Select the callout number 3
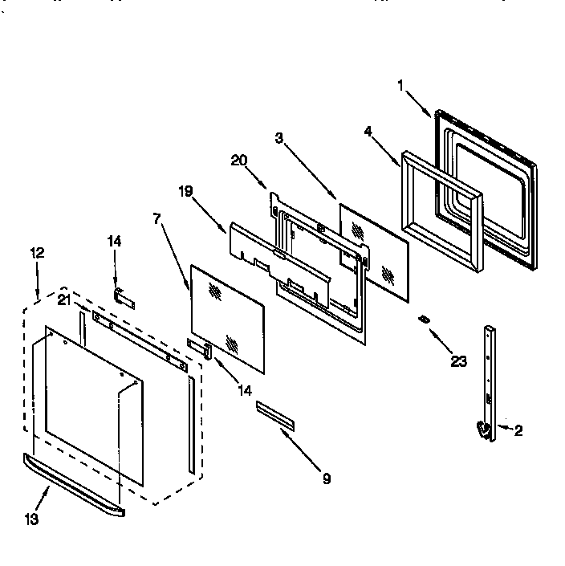click(x=278, y=138)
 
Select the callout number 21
click(x=63, y=300)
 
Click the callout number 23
click(x=458, y=360)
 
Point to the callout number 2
click(x=518, y=430)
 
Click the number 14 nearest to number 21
click(x=115, y=242)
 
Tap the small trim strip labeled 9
click(x=275, y=415)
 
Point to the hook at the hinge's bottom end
click(x=483, y=430)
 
